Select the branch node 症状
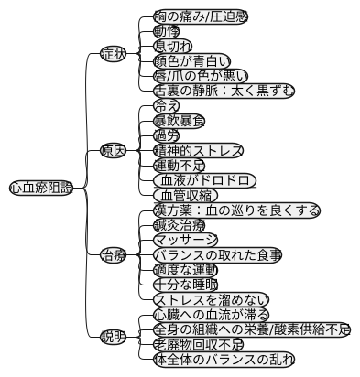point(113,54)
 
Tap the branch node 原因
point(113,150)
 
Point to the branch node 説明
point(113,337)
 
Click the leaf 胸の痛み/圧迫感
point(200,16)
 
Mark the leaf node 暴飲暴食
point(179,120)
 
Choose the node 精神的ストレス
point(198,150)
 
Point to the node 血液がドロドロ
point(203,180)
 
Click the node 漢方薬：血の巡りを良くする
point(235,210)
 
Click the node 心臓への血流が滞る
point(217,315)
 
